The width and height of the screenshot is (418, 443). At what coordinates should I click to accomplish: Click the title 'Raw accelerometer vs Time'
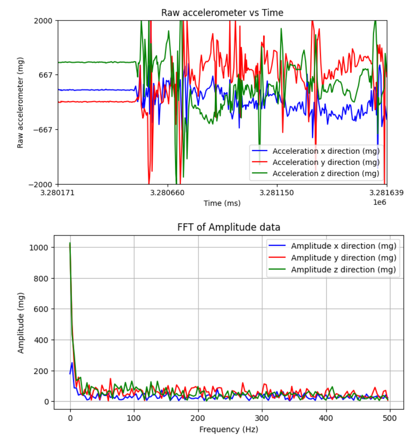(222, 13)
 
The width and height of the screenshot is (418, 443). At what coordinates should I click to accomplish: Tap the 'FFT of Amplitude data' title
(228, 227)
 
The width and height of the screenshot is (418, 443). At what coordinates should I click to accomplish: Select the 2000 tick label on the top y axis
(43, 21)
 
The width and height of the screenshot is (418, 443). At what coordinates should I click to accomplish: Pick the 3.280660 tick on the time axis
(167, 193)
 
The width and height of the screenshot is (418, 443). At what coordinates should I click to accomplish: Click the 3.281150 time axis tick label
(277, 193)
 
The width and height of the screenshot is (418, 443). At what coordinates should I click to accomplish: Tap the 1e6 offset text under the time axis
(379, 202)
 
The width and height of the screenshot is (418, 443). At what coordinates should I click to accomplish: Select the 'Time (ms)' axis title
(222, 203)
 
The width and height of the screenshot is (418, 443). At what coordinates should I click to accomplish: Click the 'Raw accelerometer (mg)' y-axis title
(20, 103)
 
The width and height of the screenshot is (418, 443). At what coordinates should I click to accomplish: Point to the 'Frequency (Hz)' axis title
(228, 430)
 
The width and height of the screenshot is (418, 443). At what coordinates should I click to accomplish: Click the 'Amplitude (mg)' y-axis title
(21, 323)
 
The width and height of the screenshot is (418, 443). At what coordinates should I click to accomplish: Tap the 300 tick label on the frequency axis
(262, 418)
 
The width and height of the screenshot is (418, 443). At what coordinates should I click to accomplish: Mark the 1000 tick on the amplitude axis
(39, 248)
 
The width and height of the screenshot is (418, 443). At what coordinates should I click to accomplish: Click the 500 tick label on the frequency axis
(390, 418)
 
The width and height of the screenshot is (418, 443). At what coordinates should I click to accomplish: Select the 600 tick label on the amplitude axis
(41, 309)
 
